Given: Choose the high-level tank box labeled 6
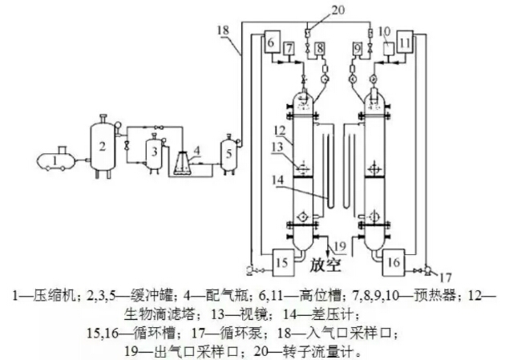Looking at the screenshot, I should (269, 42).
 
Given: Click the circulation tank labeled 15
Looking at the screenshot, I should (281, 261).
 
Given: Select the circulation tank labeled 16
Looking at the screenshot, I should (394, 261).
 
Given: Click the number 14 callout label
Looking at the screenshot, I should (276, 181).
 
